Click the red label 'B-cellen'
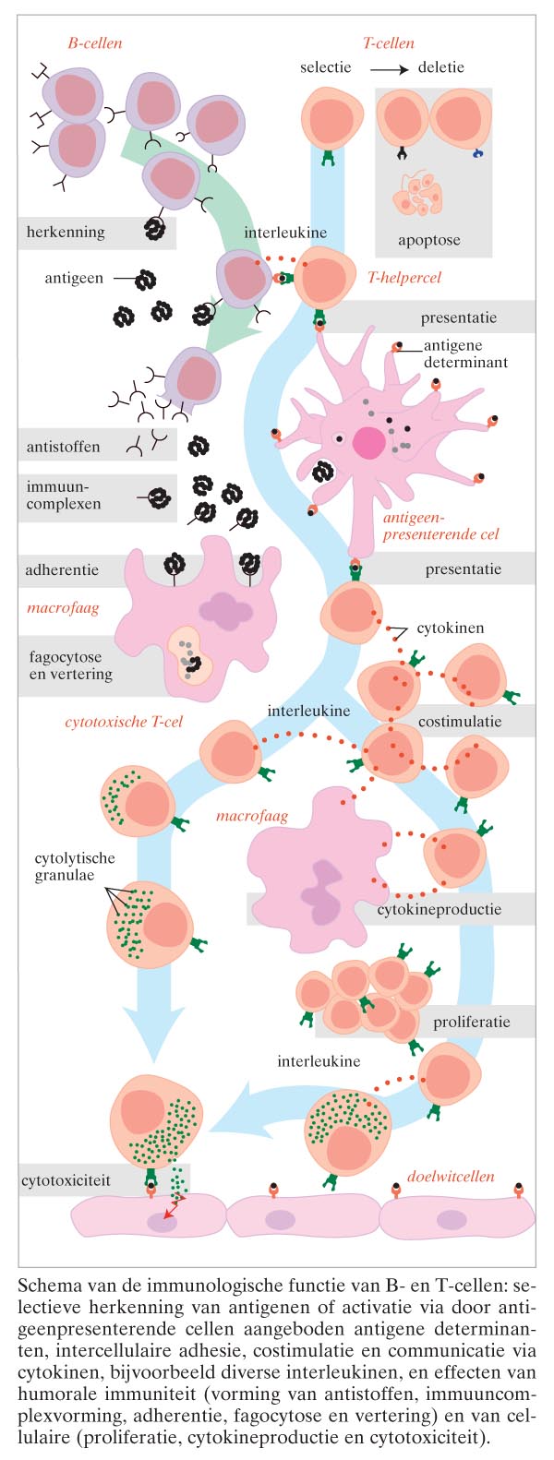pos(95,42)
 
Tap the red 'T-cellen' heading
pos(388,42)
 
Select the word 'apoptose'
pos(428,240)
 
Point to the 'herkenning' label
pos(66,233)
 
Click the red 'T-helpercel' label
pos(404,277)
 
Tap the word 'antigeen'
pos(74,278)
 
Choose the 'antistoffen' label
pos(63,447)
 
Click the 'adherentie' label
pos(62,569)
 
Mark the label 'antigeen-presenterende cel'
pos(440,526)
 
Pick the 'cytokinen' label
pos(450,628)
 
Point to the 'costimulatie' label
pos(460,721)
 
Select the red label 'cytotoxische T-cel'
pos(124,721)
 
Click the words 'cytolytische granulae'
pos(75,867)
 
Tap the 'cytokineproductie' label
pos(439,909)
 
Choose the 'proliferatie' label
pos(471,1023)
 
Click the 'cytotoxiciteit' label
pos(66,1179)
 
